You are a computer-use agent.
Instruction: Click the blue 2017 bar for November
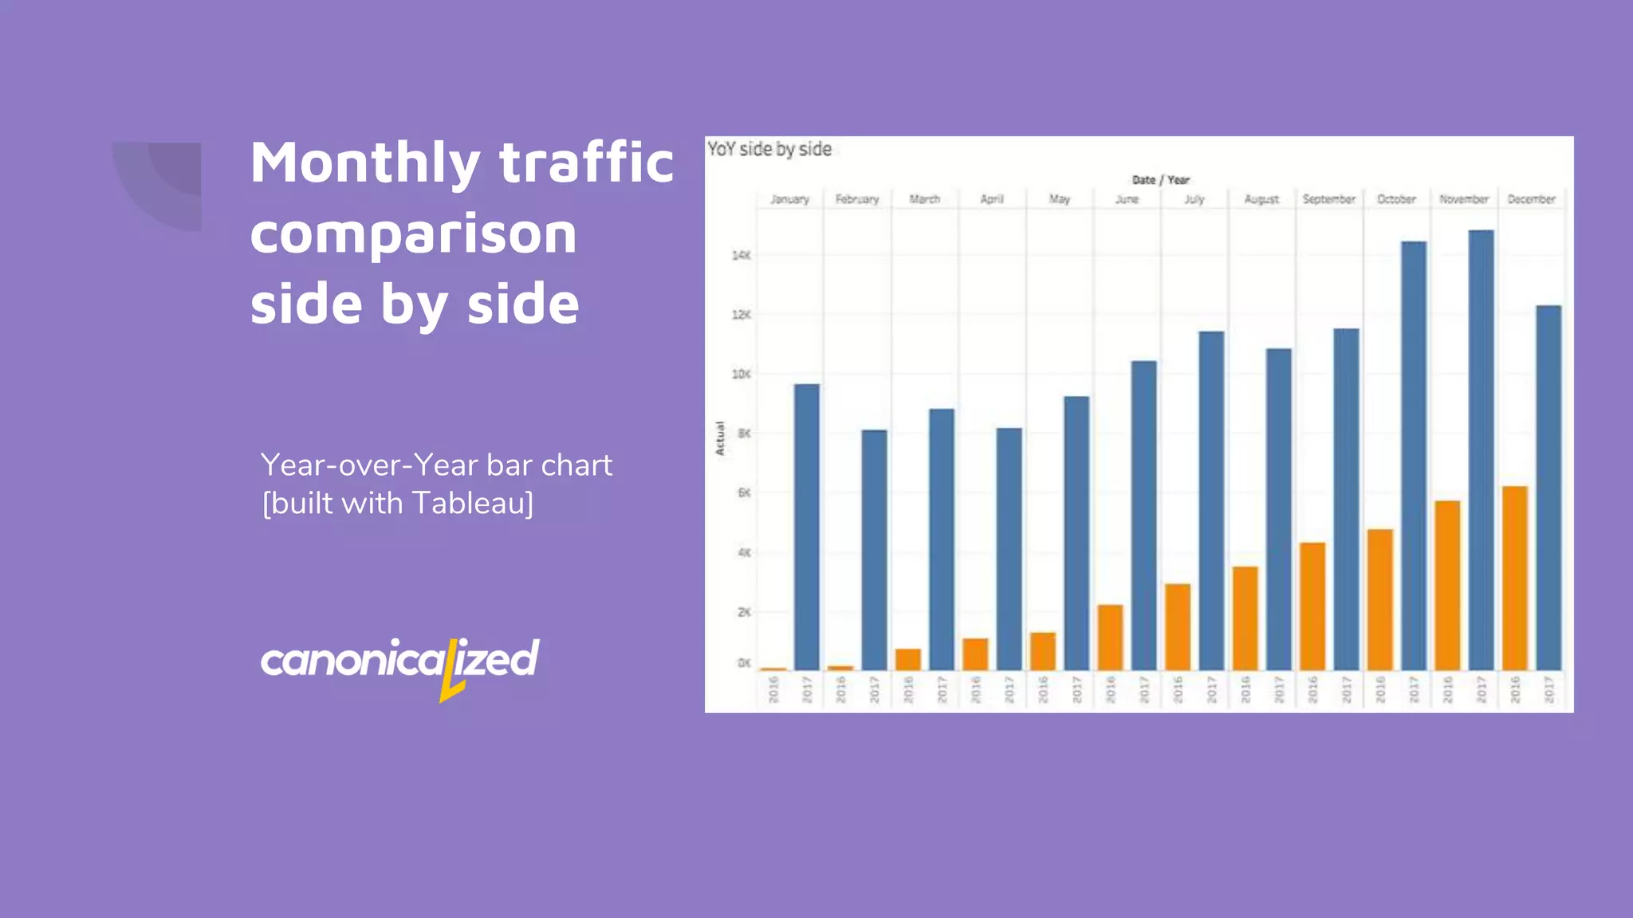pyautogui.click(x=1481, y=450)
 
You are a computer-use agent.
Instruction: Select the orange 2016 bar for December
pyautogui.click(x=1515, y=578)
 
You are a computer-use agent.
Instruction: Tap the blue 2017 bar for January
pyautogui.click(x=807, y=527)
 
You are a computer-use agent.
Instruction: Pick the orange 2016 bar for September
pyautogui.click(x=1312, y=606)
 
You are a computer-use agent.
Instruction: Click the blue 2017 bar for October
pyautogui.click(x=1414, y=455)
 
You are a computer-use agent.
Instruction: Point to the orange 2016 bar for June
pyautogui.click(x=1110, y=637)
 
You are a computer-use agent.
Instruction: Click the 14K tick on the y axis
pyautogui.click(x=741, y=255)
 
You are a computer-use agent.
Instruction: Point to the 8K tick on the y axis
pyautogui.click(x=743, y=433)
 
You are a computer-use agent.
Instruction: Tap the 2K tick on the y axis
pyautogui.click(x=743, y=612)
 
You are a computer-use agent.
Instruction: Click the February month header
pyautogui.click(x=857, y=199)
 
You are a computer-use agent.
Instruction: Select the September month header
pyautogui.click(x=1329, y=199)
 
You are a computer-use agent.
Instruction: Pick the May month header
pyautogui.click(x=1060, y=199)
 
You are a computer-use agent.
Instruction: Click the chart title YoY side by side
pyautogui.click(x=769, y=150)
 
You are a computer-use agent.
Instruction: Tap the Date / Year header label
pyautogui.click(x=1160, y=180)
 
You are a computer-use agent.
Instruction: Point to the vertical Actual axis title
pyautogui.click(x=719, y=438)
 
